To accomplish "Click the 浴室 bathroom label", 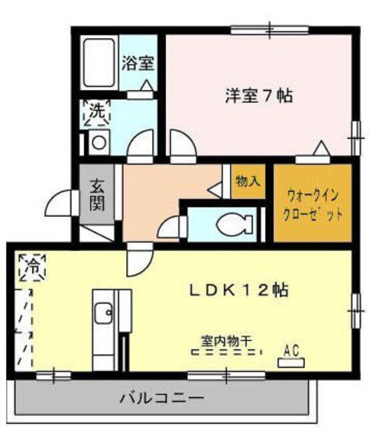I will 138,64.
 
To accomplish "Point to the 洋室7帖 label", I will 258,95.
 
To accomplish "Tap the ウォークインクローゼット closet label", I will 313,205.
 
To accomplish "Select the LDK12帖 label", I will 236,290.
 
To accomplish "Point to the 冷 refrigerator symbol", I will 30,267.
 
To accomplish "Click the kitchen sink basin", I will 103,312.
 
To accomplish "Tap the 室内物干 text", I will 224,339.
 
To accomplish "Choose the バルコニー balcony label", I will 161,399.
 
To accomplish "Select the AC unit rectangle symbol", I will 289,362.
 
